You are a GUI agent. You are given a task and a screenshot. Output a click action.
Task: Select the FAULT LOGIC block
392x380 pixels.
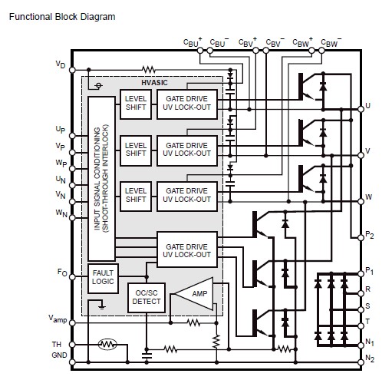coord(102,276)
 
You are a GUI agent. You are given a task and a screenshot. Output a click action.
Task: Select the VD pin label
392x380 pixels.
coord(61,65)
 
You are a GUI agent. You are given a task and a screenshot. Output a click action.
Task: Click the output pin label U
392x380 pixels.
coord(369,106)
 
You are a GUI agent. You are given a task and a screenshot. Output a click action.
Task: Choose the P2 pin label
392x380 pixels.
coord(371,237)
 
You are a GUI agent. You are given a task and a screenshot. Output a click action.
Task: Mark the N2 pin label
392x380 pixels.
coord(371,359)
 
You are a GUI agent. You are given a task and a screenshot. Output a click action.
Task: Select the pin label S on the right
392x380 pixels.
coord(368,306)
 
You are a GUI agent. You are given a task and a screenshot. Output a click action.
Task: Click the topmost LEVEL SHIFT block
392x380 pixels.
coord(135,106)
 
